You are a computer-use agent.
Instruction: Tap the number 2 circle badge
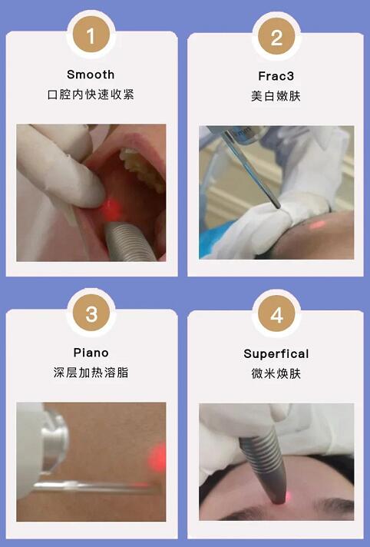click(x=276, y=36)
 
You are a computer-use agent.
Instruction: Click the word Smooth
click(x=91, y=75)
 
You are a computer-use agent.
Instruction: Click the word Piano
click(x=91, y=353)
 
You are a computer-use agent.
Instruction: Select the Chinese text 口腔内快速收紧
click(x=91, y=95)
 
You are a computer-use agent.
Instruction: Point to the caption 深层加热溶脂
click(x=91, y=373)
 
